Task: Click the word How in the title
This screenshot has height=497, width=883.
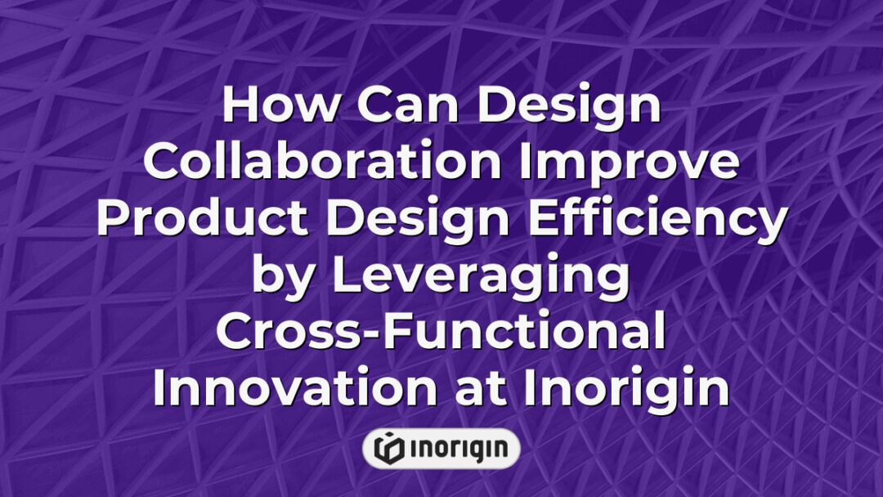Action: (274, 105)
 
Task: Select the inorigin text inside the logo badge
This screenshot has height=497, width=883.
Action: (458, 448)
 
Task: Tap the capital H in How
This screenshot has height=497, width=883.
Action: (239, 105)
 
